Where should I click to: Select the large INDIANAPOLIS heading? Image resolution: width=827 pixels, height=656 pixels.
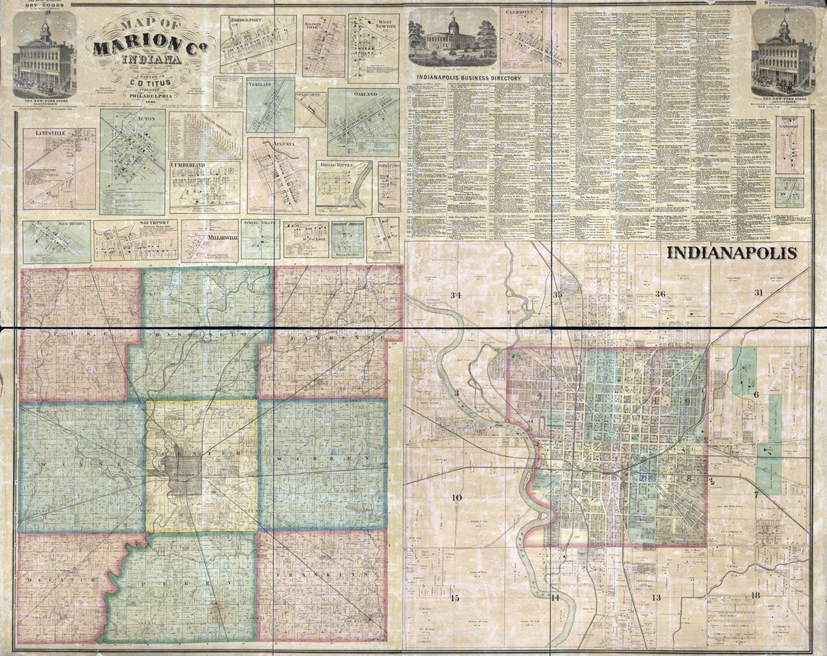(732, 253)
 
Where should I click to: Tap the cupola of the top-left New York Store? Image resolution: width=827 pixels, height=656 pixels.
(45, 29)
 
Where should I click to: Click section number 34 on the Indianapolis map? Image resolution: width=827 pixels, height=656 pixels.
(456, 294)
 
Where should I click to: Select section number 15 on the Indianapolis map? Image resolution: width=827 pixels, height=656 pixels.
(455, 597)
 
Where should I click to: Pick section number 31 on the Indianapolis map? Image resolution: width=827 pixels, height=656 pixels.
(758, 293)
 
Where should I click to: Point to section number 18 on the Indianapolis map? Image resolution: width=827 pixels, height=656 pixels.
(755, 595)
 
